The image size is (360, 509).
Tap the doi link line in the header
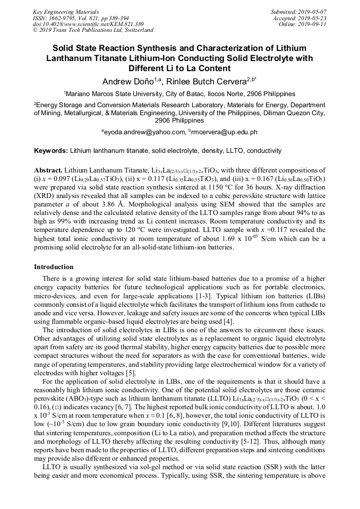click(x=88, y=24)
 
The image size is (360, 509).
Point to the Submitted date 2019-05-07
click(x=314, y=12)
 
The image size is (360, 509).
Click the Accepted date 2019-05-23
click(x=315, y=18)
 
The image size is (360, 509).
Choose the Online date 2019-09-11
click(x=315, y=24)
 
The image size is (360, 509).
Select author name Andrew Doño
click(x=124, y=81)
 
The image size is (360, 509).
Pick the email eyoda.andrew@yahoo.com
click(x=143, y=132)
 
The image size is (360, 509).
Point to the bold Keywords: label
click(x=51, y=151)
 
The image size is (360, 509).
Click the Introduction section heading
click(x=54, y=266)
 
